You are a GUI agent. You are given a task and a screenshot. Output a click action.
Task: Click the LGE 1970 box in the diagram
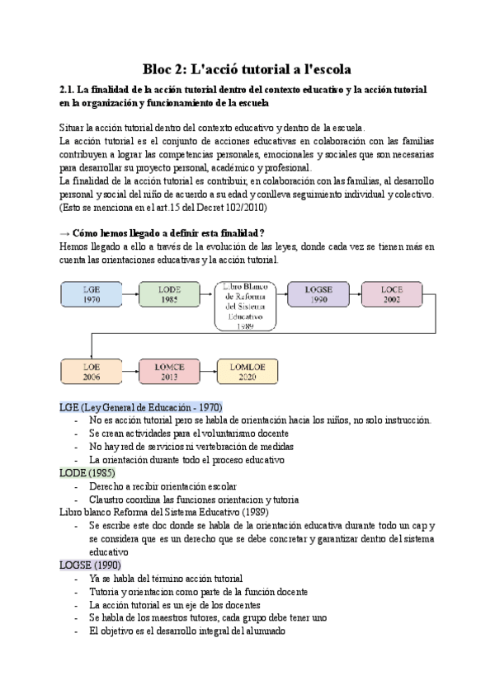pyautogui.click(x=92, y=295)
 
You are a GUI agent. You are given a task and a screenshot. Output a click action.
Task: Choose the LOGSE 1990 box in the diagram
pyautogui.click(x=318, y=295)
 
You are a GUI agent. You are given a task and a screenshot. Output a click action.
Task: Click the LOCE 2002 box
pyautogui.click(x=393, y=295)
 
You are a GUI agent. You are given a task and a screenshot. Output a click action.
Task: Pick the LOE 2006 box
pyautogui.click(x=92, y=373)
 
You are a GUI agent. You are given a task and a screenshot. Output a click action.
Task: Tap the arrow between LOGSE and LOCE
pyautogui.click(x=356, y=295)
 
